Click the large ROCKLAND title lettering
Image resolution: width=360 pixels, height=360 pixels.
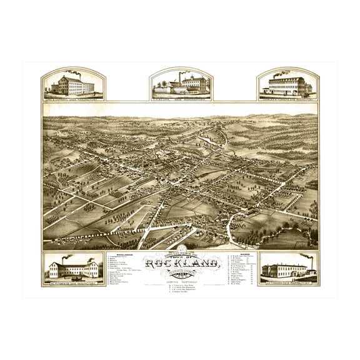[x=181, y=264]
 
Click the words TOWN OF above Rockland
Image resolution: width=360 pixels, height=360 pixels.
[x=181, y=255]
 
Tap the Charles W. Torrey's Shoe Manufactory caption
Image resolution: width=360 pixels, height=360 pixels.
[x=288, y=97]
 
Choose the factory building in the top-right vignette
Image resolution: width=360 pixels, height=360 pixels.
[x=288, y=86]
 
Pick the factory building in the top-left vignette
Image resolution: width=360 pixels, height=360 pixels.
[x=74, y=86]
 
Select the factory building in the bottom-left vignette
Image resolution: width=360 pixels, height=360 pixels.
[x=74, y=269]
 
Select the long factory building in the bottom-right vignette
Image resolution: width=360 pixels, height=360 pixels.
[x=284, y=271]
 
